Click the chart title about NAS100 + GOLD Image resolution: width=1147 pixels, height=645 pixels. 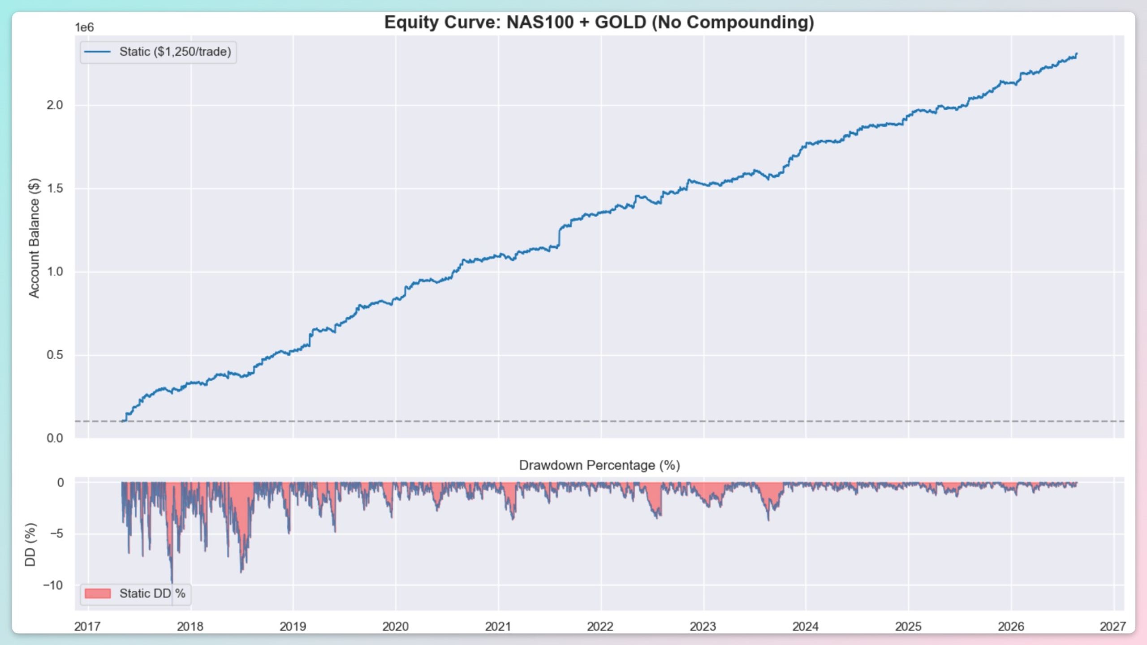point(599,22)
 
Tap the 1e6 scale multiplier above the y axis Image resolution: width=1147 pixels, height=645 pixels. point(84,28)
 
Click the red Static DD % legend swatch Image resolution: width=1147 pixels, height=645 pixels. point(98,593)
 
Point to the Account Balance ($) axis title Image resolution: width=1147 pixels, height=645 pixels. point(34,238)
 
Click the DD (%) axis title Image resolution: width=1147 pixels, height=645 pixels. point(30,544)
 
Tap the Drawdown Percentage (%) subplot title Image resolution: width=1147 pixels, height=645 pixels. point(599,465)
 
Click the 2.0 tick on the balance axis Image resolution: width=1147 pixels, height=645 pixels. point(55,105)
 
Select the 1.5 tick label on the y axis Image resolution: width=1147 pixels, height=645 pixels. point(55,189)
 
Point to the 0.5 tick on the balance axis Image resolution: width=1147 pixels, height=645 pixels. point(55,355)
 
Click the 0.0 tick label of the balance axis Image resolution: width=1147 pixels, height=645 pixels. point(55,438)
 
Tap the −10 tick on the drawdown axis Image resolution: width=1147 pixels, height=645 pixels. point(53,585)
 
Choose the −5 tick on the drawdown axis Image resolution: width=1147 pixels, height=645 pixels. point(57,533)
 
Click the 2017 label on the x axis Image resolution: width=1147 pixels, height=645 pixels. point(88,626)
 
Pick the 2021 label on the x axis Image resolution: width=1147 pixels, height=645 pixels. point(498,626)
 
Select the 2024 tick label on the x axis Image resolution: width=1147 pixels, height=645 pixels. point(806,626)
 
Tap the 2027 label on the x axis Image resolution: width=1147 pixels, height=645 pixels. point(1113,626)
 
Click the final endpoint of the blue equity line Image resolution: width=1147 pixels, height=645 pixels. point(1077,54)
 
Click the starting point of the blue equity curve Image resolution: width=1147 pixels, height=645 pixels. point(122,421)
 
